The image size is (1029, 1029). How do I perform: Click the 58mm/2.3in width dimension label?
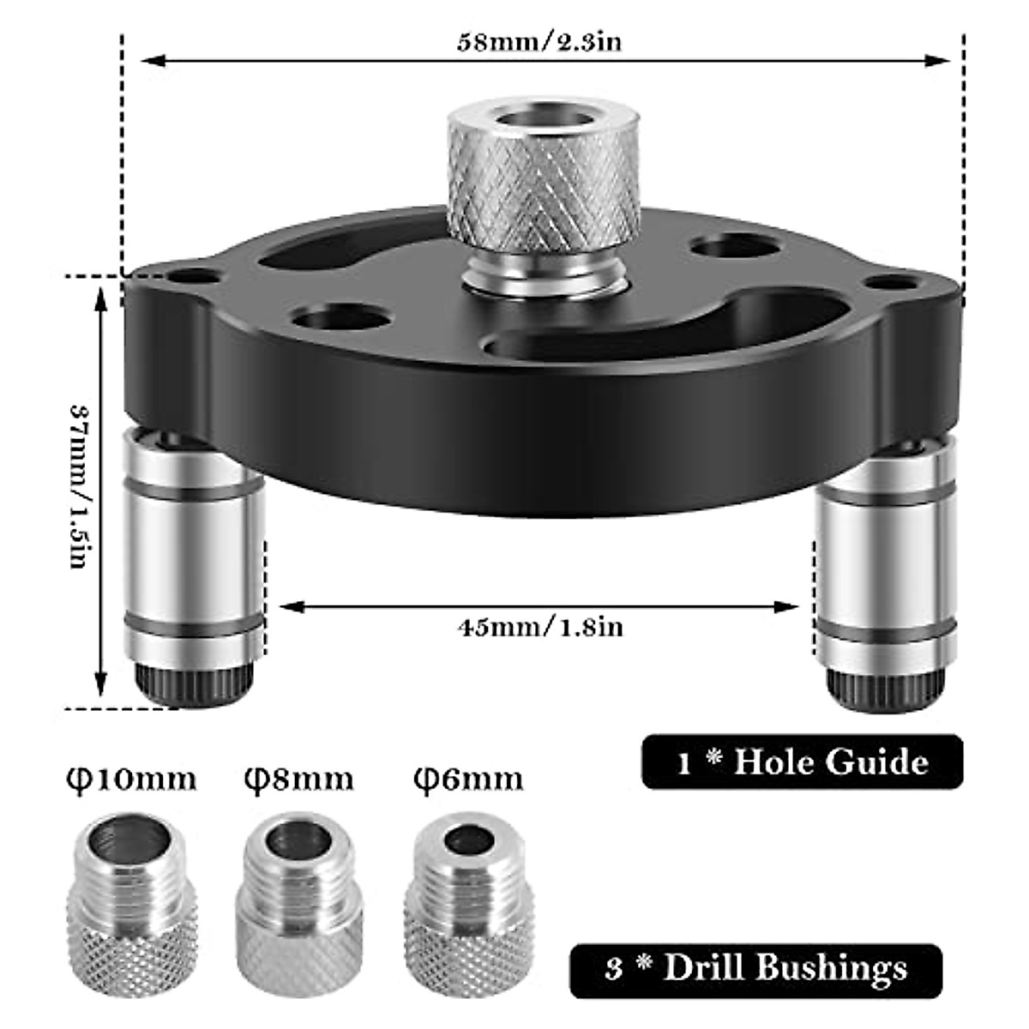click(x=539, y=43)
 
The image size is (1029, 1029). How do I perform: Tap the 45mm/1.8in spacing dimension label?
click(x=539, y=628)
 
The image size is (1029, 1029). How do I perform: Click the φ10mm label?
click(x=131, y=780)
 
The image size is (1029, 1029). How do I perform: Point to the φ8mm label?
click(x=298, y=780)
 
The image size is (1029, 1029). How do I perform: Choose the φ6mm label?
click(x=467, y=780)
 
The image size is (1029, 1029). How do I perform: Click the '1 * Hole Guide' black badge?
click(x=802, y=761)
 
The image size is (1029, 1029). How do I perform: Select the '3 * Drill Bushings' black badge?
click(x=755, y=971)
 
